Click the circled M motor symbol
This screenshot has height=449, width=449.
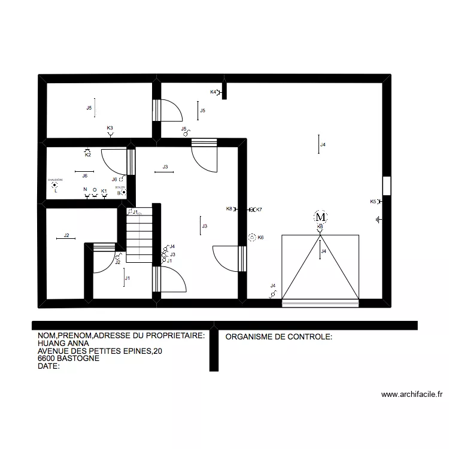tap(320, 216)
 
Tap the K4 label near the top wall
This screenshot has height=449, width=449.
tap(213, 92)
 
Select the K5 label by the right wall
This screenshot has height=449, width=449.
tap(373, 202)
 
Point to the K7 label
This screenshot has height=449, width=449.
tap(259, 210)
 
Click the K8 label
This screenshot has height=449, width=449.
tap(229, 209)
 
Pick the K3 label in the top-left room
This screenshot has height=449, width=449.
tap(110, 128)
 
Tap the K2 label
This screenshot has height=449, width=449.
tap(87, 155)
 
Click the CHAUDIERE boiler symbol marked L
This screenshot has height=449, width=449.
tap(55, 186)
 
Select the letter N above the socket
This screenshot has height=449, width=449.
tap(86, 190)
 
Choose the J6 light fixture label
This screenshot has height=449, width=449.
tap(85, 175)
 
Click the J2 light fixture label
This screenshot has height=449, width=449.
tap(67, 235)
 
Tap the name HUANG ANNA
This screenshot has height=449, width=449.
tap(63, 344)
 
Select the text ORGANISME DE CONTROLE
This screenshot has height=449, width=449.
tap(278, 337)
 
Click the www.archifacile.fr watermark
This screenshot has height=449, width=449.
tap(411, 395)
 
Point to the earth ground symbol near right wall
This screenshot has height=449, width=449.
tap(378, 220)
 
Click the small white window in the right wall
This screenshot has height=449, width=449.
tap(387, 186)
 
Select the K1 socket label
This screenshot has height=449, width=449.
tap(104, 191)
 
